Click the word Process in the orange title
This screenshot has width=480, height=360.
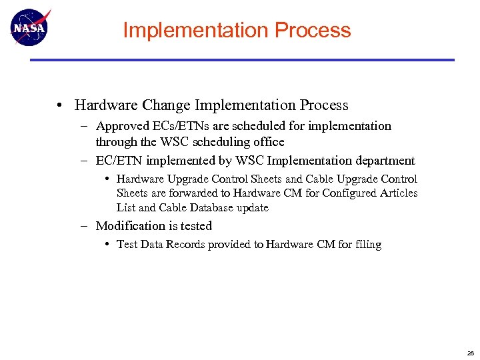(313, 30)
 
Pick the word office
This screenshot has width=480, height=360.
(267, 142)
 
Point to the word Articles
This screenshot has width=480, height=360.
(399, 193)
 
